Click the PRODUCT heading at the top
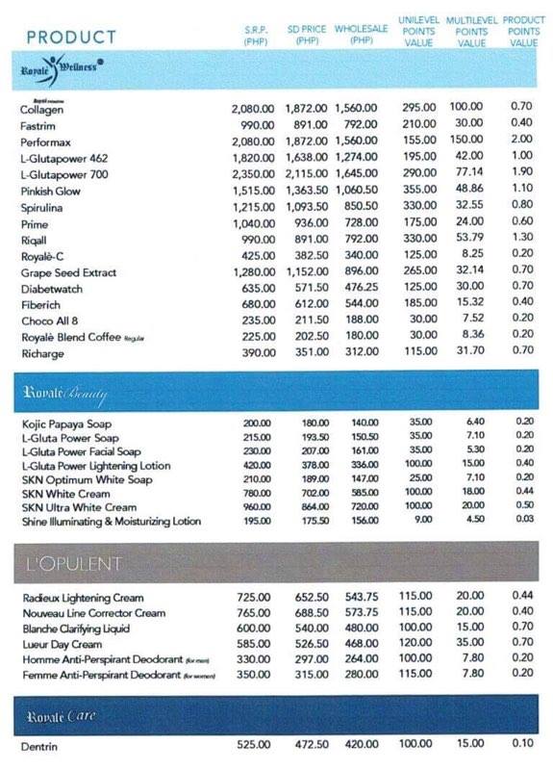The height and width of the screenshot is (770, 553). [72, 38]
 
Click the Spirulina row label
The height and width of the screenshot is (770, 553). [43, 206]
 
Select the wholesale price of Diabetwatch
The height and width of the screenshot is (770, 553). [360, 288]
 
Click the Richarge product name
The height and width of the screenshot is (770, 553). [42, 353]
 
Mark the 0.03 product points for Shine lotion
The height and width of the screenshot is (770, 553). [523, 522]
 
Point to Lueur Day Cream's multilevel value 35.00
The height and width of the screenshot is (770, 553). [470, 644]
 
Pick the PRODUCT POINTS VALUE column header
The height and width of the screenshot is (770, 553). [524, 31]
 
